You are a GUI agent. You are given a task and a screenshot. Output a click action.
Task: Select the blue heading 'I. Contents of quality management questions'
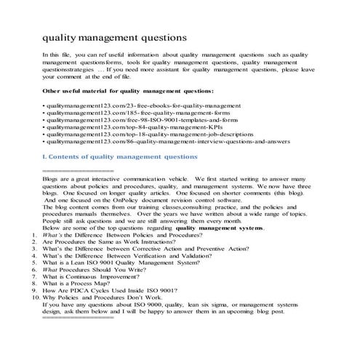pyautogui.click(x=120, y=157)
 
